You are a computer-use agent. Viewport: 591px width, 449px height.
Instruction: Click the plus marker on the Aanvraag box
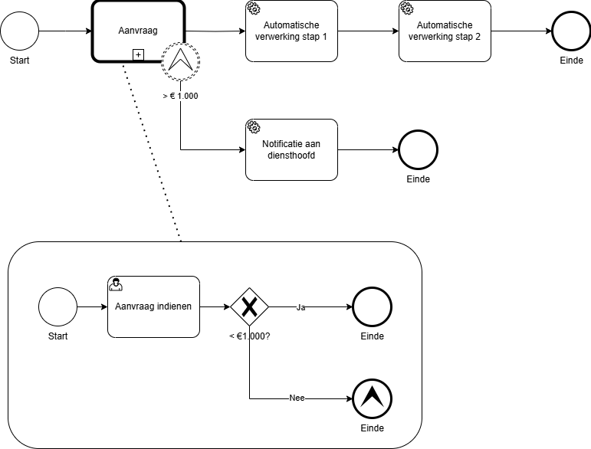point(138,54)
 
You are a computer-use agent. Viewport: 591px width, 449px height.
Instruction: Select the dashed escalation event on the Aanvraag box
point(180,61)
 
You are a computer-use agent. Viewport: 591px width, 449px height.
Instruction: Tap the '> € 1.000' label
point(180,96)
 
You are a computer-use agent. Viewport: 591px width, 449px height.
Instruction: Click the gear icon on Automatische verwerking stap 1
point(253,8)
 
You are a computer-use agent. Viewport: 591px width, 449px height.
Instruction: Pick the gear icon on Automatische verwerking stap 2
point(406,8)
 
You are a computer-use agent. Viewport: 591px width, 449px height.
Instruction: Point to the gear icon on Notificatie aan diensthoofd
point(253,127)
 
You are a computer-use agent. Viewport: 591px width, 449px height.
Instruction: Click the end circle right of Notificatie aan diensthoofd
point(418,149)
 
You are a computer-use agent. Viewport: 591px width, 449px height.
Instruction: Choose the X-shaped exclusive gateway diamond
point(249,306)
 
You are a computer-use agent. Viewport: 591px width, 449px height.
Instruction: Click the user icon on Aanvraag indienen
point(116,284)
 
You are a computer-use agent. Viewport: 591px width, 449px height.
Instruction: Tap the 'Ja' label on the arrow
point(301,306)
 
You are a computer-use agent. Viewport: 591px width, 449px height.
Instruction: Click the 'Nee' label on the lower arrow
point(297,398)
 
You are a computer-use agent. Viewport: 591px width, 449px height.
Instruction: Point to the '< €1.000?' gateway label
point(249,336)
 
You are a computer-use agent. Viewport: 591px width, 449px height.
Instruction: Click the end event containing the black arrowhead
point(372,398)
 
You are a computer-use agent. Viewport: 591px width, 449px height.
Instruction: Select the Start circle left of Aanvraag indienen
point(57,306)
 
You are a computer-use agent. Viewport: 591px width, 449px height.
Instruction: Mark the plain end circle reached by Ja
point(372,306)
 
